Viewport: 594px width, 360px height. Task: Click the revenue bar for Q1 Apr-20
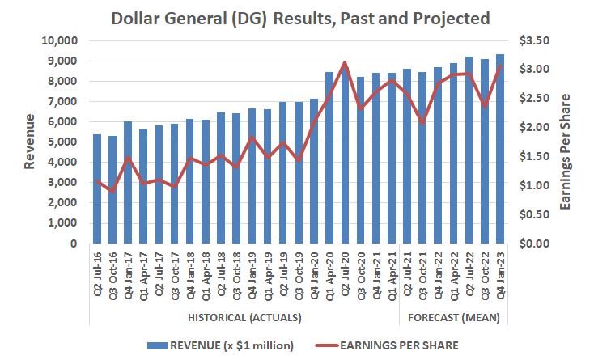(x=329, y=158)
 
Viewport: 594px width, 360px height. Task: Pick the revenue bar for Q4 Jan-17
(x=128, y=182)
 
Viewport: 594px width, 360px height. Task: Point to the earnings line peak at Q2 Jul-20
(x=345, y=62)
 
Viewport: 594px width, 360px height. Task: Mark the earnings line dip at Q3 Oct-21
(x=422, y=123)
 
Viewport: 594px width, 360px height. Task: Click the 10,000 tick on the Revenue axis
(x=57, y=40)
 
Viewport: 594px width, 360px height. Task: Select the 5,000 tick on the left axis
(x=62, y=142)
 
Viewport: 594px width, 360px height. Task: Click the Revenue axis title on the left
(x=30, y=142)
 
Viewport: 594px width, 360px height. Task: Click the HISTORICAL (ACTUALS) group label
(x=244, y=316)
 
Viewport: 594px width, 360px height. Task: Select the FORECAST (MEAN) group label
(x=453, y=316)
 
